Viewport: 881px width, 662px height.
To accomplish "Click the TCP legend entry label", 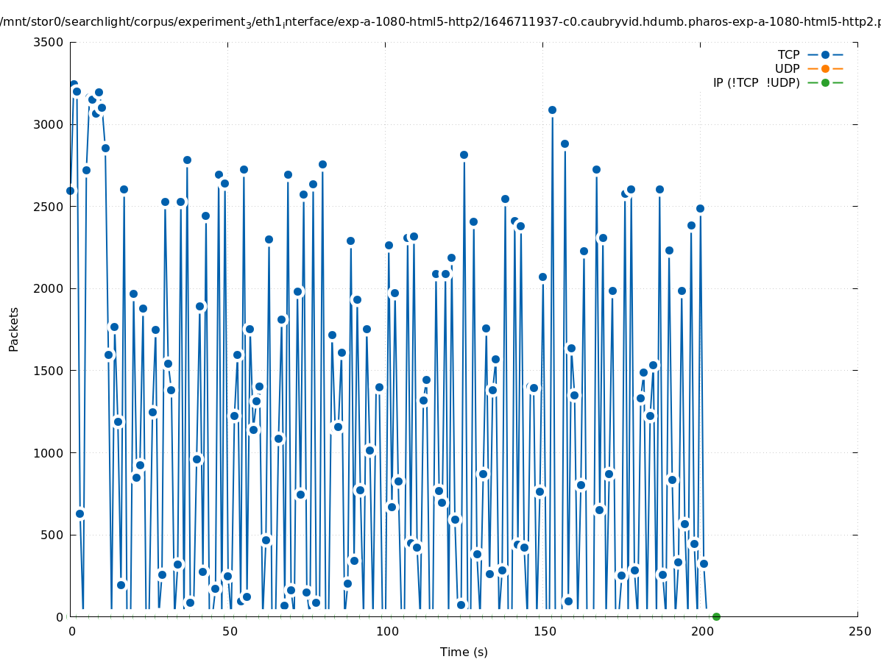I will (x=788, y=55).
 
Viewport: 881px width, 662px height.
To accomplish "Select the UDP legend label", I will (x=787, y=69).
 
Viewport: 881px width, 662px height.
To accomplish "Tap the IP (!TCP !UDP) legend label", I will (x=756, y=83).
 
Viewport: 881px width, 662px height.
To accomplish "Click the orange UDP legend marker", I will (x=825, y=69).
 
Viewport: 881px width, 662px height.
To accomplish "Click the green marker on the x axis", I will (x=716, y=616).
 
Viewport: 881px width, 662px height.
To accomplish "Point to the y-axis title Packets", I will (x=14, y=329).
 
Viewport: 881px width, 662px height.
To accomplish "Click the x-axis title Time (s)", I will (x=464, y=652).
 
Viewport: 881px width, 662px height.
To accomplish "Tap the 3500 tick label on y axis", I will (x=49, y=42).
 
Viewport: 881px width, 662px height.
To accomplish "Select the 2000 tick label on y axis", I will (x=49, y=288).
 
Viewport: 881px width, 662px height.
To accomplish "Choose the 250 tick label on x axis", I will (x=857, y=632).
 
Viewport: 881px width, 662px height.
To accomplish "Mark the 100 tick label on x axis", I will (x=385, y=632).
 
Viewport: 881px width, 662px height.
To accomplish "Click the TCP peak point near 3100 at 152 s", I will (x=552, y=110).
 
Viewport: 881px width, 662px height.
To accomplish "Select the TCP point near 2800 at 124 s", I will (x=464, y=154).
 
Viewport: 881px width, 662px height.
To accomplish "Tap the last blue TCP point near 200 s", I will (x=703, y=563).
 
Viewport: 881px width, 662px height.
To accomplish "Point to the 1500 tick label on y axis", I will (x=49, y=371).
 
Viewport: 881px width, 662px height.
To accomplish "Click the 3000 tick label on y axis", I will (x=49, y=124).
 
